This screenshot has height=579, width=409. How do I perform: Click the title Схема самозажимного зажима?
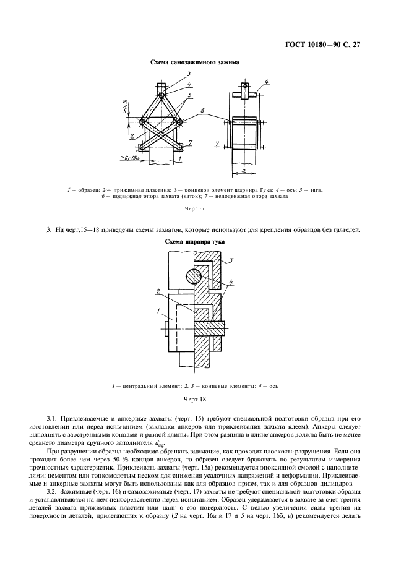pyautogui.click(x=195, y=63)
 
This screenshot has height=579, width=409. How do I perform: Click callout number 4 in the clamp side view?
pyautogui.click(x=266, y=81)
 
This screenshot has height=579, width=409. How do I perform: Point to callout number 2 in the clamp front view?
pyautogui.click(x=132, y=135)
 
